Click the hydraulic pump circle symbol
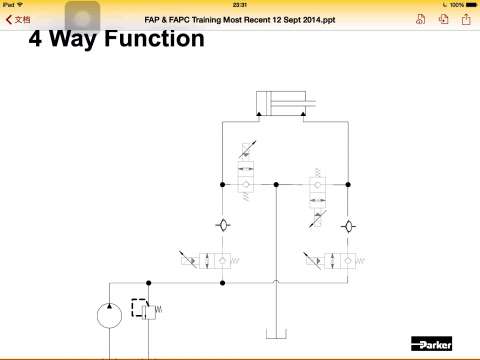109,315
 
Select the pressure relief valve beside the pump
147,310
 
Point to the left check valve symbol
223,225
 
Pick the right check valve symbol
348,227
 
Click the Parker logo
431,344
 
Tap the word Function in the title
154,39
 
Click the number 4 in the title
35,39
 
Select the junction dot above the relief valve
149,283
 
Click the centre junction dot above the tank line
276,184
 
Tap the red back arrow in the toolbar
9,20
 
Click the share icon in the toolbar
466,19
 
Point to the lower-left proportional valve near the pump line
209,260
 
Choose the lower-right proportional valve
334,260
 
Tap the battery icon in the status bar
472,5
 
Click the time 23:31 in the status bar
240,5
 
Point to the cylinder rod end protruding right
310,103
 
